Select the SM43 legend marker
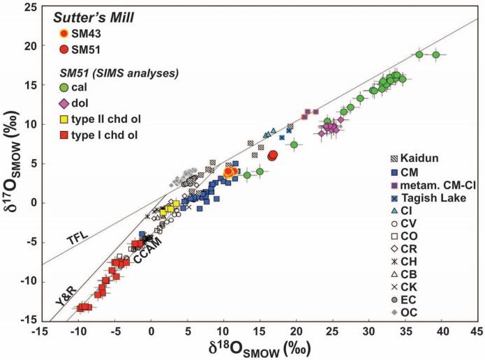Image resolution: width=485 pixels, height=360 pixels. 64,33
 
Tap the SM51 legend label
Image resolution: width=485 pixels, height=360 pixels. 91,49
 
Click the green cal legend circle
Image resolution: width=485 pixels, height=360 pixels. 64,88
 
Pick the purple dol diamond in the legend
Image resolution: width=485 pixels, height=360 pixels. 64,103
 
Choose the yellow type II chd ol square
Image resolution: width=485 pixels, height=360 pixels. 64,118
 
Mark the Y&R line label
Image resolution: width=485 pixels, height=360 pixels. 65,302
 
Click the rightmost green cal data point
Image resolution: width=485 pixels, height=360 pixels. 435,54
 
